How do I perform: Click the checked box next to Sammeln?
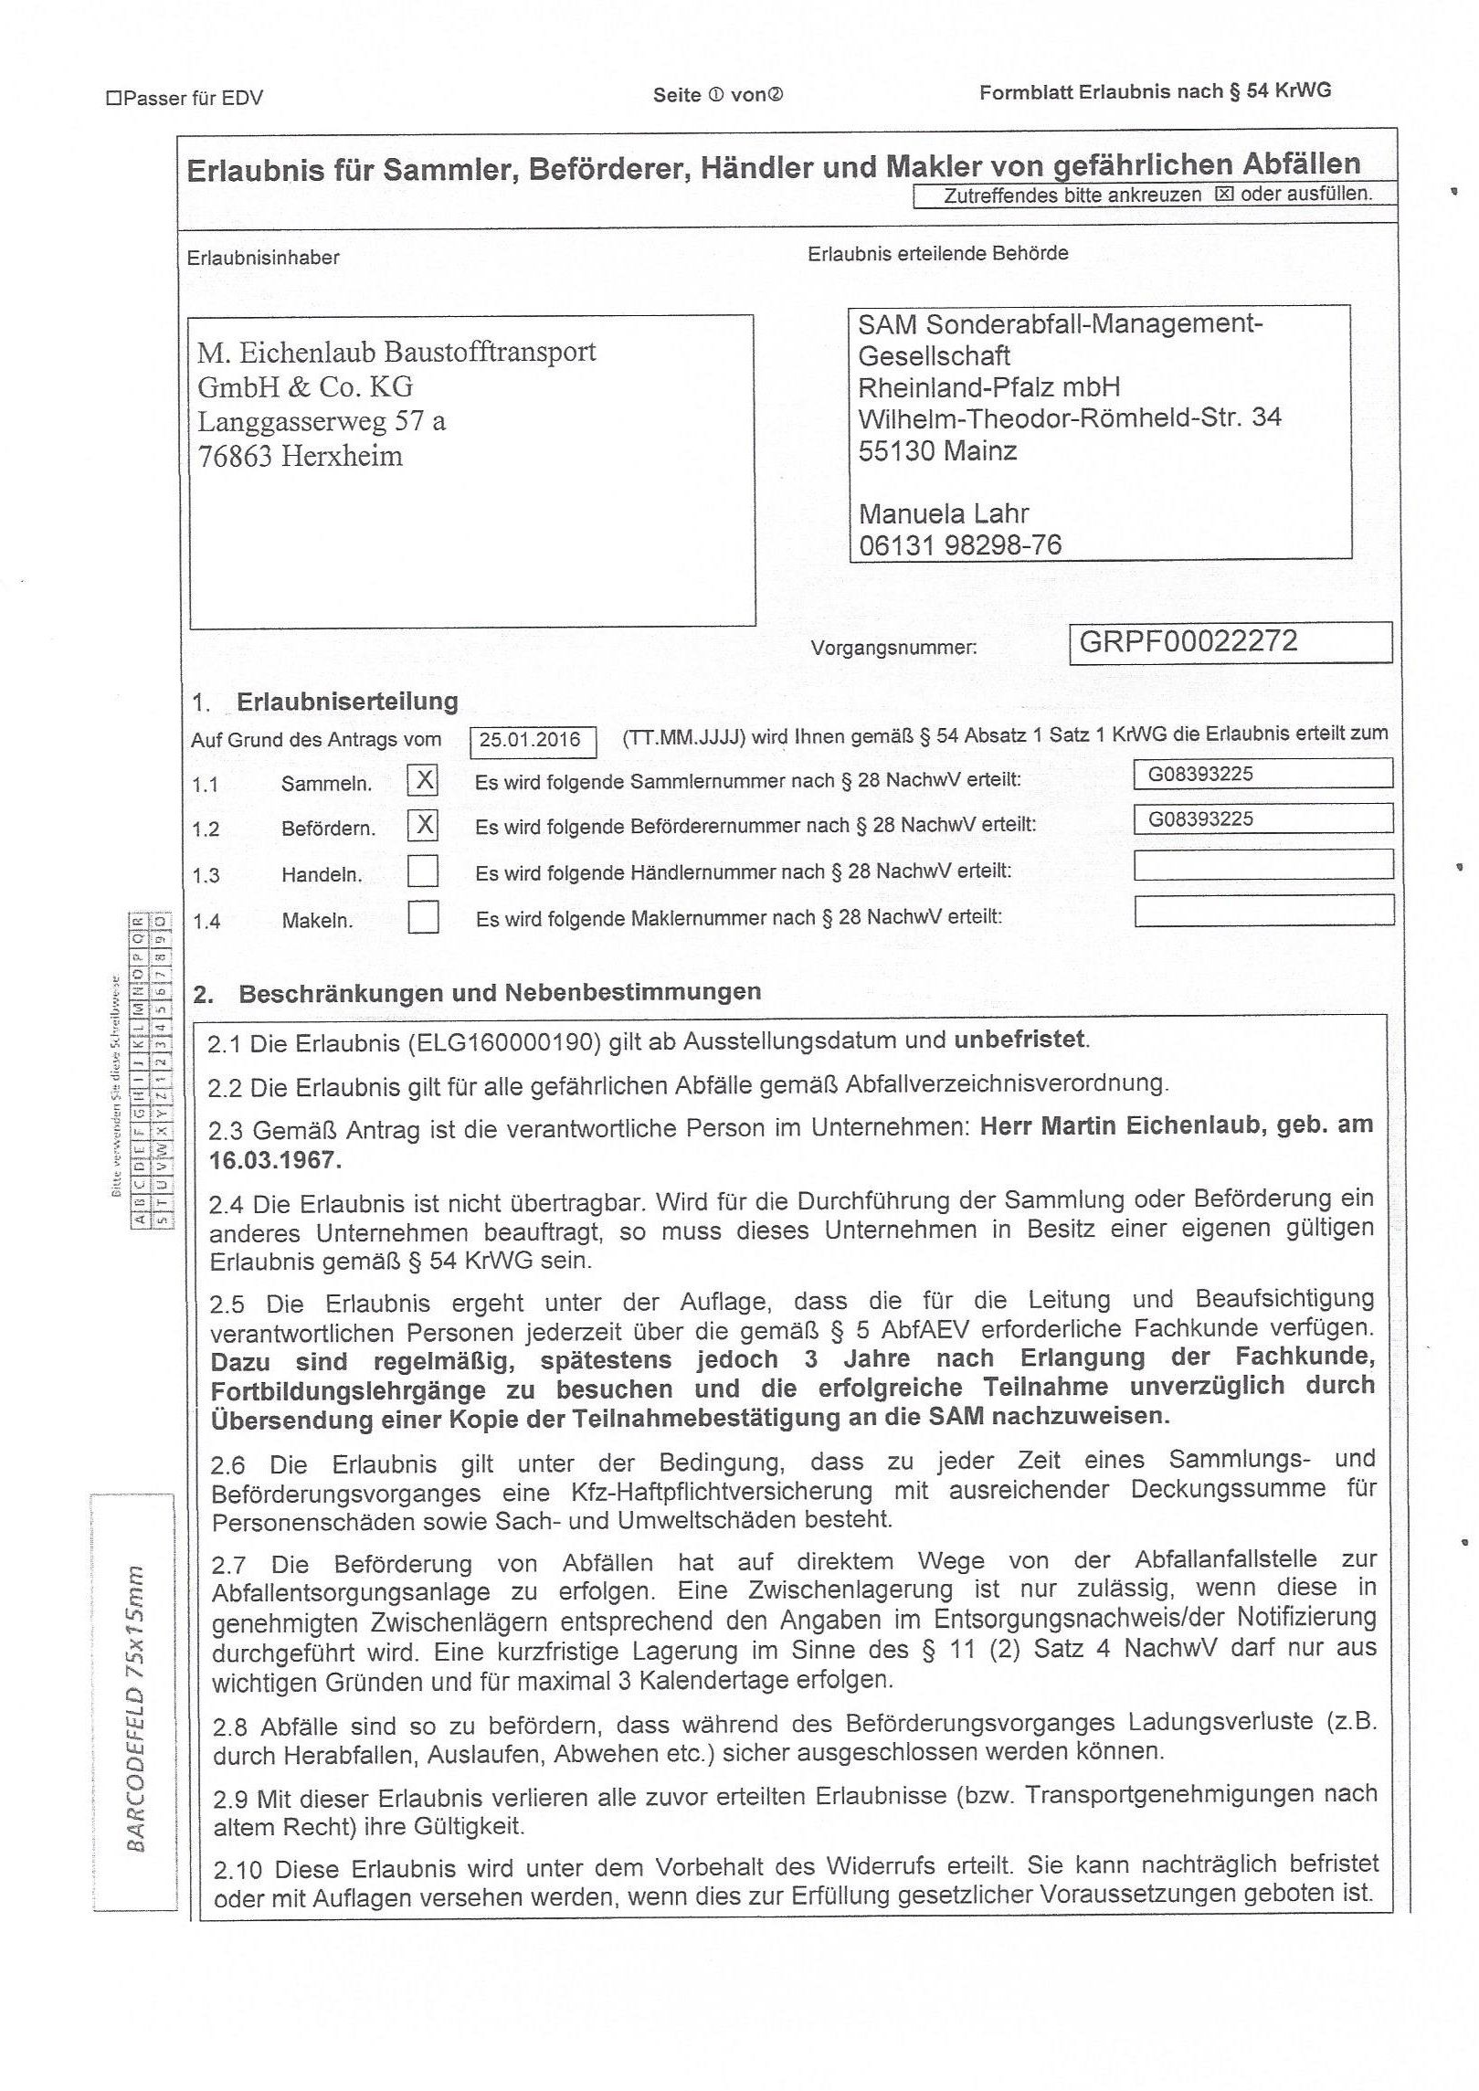(423, 780)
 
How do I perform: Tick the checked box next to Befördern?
(423, 825)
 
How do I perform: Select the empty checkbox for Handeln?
(423, 871)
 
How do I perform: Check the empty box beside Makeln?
(423, 916)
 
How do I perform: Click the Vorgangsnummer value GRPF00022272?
(1188, 641)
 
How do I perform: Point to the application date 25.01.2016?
(531, 740)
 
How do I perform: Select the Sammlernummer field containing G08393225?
(1262, 774)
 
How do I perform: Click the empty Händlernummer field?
(1262, 864)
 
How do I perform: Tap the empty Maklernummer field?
(1262, 910)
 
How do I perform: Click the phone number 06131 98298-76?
(960, 545)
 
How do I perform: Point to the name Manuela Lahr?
(944, 513)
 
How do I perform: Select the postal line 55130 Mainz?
(937, 450)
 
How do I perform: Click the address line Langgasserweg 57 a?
(322, 421)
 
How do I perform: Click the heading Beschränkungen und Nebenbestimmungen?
(499, 993)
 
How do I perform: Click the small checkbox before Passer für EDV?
(113, 98)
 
